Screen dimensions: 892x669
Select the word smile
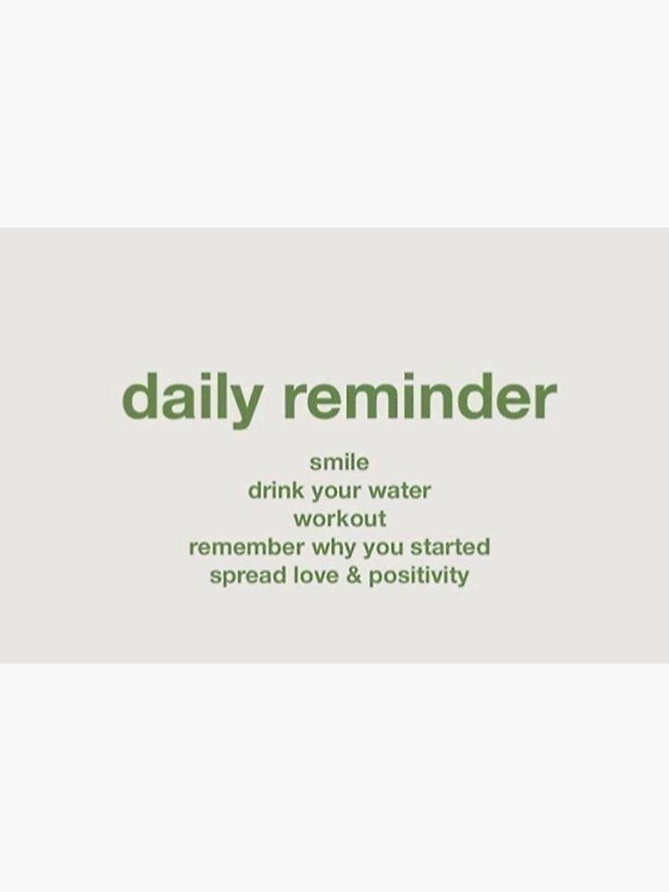339,462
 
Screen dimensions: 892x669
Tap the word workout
340,518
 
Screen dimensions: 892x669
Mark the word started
450,546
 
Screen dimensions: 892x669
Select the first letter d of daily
138,398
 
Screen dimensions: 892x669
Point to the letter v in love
313,575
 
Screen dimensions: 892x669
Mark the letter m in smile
332,463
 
